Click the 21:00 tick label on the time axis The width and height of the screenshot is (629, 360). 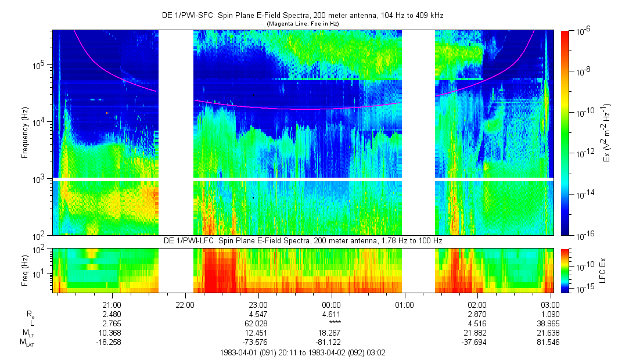[112, 304]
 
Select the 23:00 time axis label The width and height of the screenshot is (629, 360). [258, 304]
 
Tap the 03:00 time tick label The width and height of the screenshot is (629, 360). [550, 304]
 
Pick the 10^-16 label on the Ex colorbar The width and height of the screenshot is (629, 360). [583, 235]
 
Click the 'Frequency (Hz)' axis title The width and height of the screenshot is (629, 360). [25, 132]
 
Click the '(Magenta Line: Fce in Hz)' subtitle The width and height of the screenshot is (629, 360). [303, 23]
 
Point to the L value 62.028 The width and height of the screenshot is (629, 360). [258, 322]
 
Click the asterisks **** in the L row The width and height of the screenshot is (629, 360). [331, 322]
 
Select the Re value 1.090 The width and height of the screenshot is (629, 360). [550, 314]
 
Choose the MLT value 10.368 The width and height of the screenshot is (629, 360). [112, 332]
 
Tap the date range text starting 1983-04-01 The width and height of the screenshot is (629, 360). [303, 352]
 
